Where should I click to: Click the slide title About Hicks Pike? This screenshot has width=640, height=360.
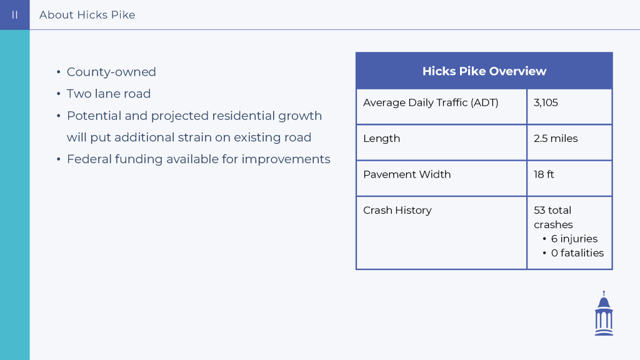[x=87, y=15]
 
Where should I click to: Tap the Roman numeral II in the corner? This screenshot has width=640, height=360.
[x=15, y=15]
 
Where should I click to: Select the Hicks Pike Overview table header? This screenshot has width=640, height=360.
[x=484, y=71]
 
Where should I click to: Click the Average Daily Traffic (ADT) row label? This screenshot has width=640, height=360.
[x=431, y=103]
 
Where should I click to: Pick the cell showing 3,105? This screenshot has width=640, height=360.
[x=546, y=103]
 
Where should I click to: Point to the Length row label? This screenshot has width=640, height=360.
[x=382, y=139]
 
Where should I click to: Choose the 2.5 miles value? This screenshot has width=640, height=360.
[x=556, y=139]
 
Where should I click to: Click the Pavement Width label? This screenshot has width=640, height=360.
[x=407, y=175]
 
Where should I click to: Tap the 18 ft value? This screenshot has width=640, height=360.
[x=544, y=175]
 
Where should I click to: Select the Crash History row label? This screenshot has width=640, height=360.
[x=397, y=211]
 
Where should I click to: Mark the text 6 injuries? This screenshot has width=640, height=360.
[x=574, y=239]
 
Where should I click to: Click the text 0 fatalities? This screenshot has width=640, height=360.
[x=577, y=253]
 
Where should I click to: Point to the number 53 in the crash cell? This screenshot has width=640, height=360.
[x=539, y=211]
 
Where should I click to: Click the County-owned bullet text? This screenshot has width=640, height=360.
[x=111, y=72]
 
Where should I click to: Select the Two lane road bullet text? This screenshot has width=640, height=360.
[x=109, y=94]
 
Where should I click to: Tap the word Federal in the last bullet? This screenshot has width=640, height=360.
[x=89, y=159]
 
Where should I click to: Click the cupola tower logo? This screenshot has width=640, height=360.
[x=604, y=313]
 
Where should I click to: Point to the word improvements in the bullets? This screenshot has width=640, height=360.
[x=286, y=159]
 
